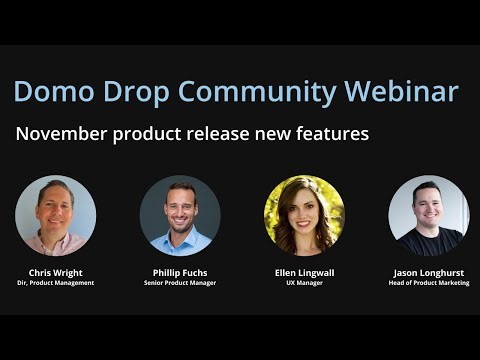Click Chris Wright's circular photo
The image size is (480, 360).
55,215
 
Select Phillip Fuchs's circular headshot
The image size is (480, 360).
179,215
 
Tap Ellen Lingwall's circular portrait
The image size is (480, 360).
304,215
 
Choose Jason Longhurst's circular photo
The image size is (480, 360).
428,215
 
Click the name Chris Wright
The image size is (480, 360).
55,271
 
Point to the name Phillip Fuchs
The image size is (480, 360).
179,271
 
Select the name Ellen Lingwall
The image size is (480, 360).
304,271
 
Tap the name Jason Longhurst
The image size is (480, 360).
428,271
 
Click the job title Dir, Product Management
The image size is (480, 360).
55,283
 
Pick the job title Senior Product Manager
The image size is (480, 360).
179,283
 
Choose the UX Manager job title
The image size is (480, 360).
304,283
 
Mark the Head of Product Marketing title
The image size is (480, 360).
428,283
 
